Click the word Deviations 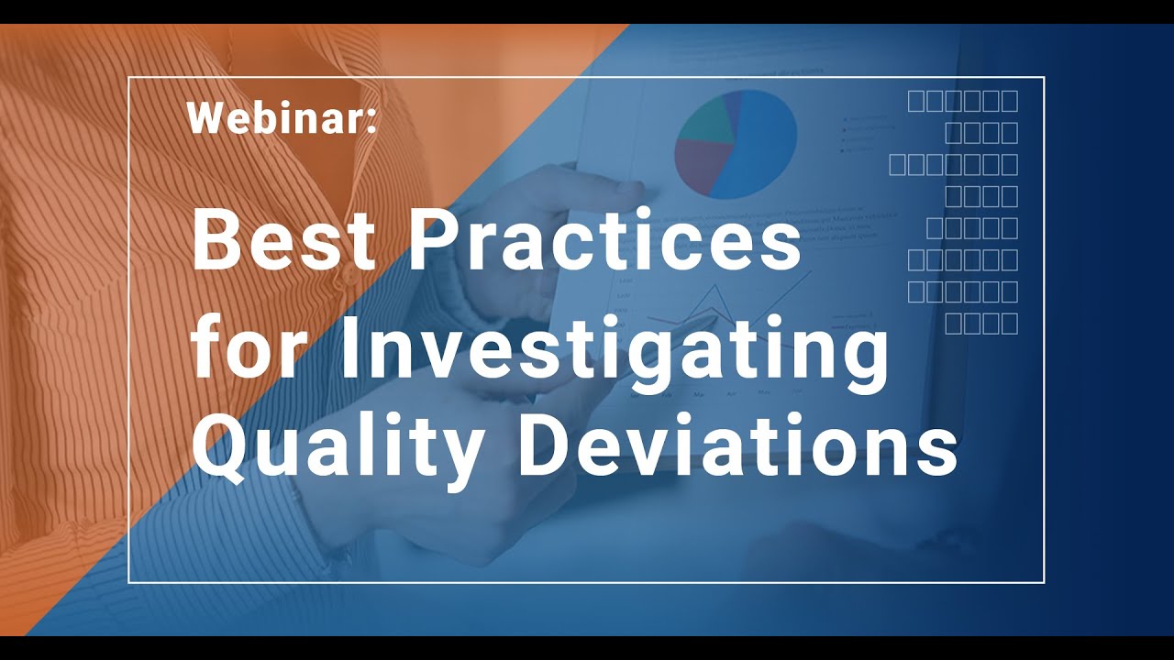point(737,445)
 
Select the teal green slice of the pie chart point(704,119)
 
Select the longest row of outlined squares point(953,164)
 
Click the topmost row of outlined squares point(962,101)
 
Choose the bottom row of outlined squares point(980,323)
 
